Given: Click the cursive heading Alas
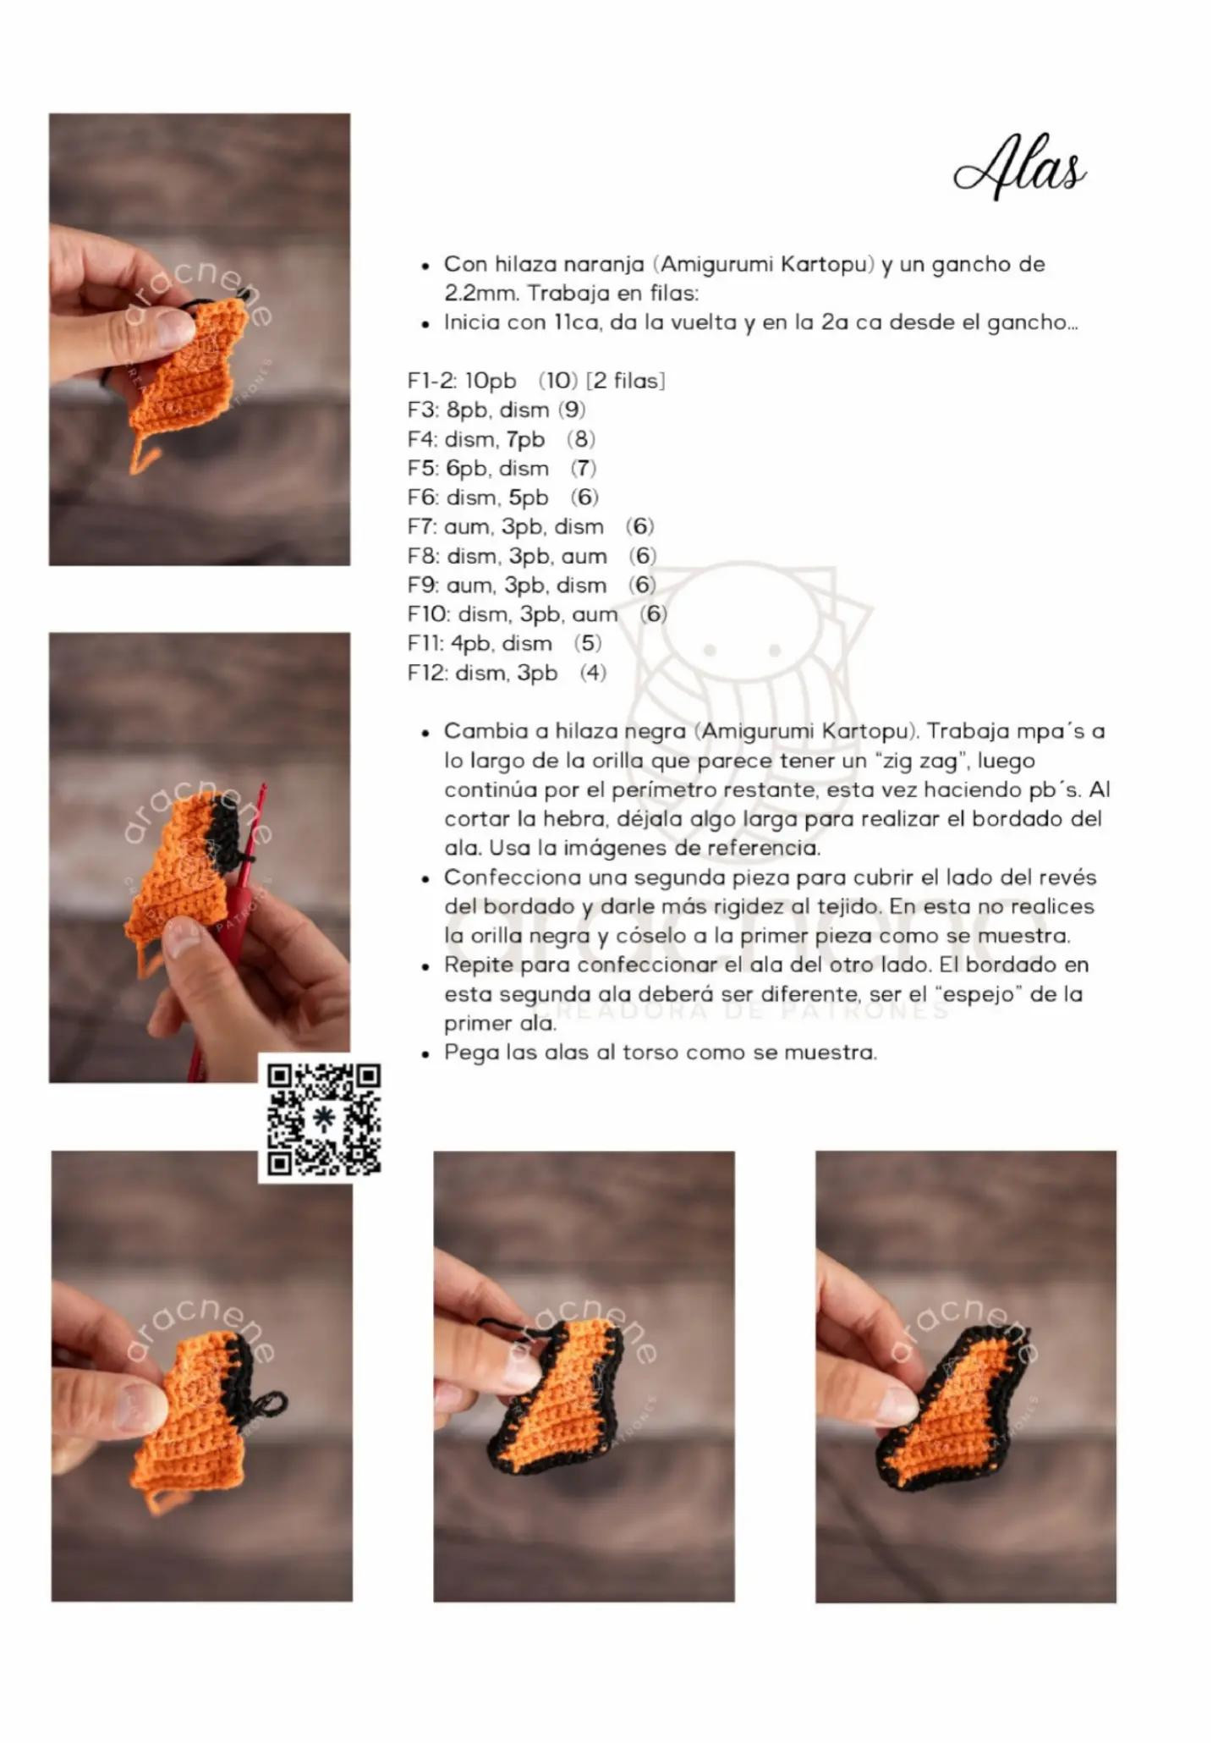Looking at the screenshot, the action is point(1020,167).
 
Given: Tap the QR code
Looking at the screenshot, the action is point(324,1119).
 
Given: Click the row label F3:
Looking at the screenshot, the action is point(422,410).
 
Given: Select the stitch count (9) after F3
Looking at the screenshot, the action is point(572,410).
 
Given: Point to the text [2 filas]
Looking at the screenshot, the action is point(626,381).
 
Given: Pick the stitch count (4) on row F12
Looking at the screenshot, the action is point(594,674).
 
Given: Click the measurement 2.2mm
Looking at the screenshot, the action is point(480,294).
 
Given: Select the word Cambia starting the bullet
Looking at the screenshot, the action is point(480,731).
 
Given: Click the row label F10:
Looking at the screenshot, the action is point(429,615).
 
